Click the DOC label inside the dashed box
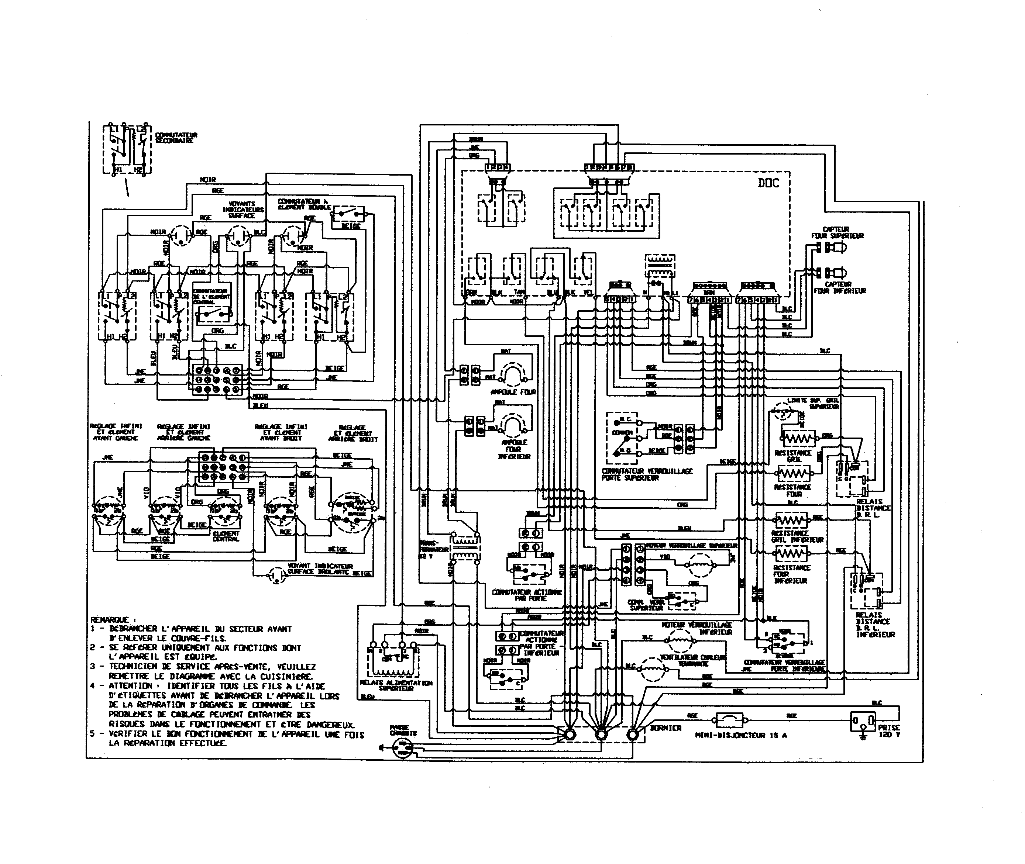tap(768, 184)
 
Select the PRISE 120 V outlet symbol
tap(862, 721)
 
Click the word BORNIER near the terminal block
tap(665, 728)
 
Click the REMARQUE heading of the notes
tap(109, 619)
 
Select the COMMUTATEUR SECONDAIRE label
tap(176, 138)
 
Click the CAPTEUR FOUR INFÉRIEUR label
tap(839, 287)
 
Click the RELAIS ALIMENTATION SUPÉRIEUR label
tap(396, 685)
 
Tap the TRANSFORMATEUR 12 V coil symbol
tap(465, 547)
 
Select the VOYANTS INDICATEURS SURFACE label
tap(243, 210)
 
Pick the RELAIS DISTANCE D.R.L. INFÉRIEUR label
tap(875, 625)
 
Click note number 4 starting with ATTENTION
tap(216, 686)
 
